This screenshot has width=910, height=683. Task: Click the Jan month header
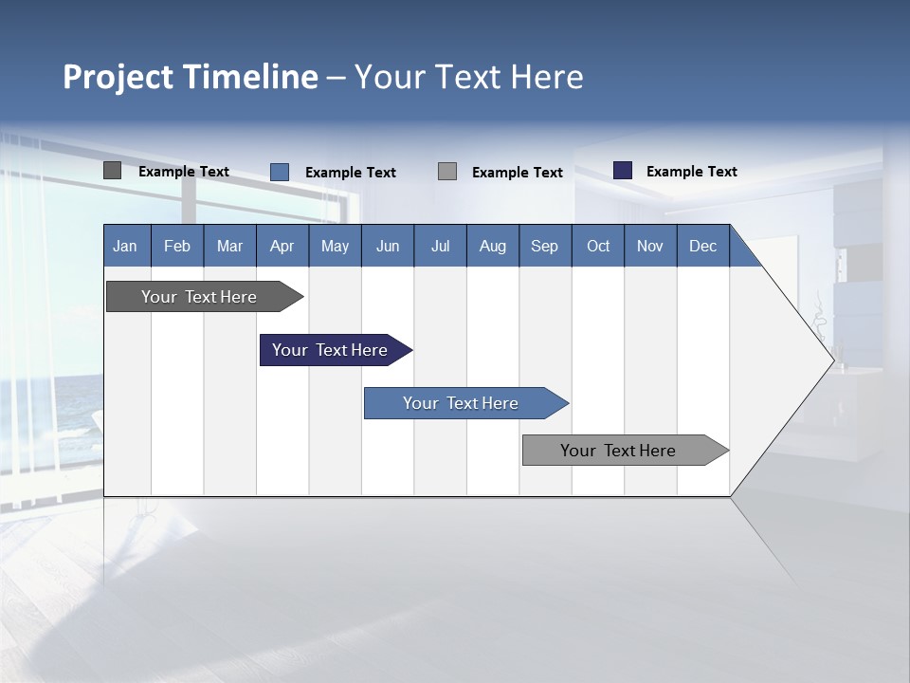126,246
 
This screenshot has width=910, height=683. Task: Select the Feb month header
177,246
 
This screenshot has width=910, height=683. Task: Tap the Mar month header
229,246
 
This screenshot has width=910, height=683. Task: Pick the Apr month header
282,246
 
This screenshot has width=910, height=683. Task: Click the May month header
335,246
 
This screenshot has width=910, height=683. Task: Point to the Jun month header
388,246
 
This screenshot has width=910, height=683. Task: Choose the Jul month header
440,246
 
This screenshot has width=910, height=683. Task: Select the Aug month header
493,246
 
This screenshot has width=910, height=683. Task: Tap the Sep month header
545,246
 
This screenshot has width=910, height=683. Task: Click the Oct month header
598,246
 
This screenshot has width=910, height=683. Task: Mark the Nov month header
650,246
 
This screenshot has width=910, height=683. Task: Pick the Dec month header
703,246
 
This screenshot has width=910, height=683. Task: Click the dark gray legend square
113,171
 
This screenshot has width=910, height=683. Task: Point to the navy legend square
623,171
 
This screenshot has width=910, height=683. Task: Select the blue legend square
280,172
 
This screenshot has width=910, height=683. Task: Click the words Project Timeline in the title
191,77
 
